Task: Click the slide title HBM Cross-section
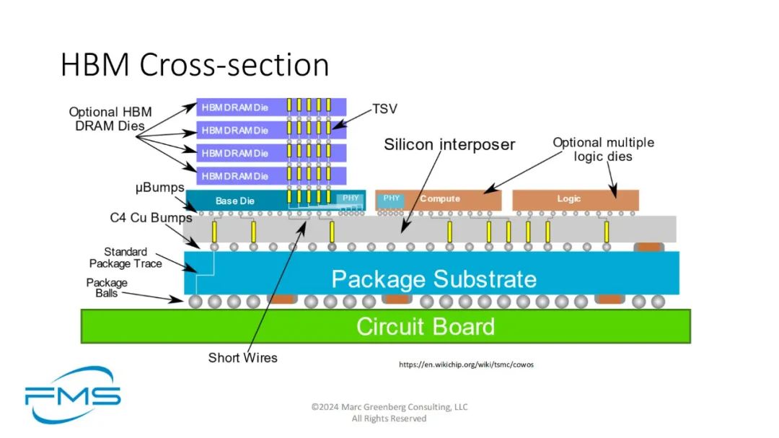[195, 65]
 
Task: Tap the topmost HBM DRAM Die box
[271, 107]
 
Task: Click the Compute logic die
[439, 199]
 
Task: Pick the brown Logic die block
[576, 199]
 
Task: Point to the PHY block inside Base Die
[351, 198]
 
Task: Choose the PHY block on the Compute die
[391, 198]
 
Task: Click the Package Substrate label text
[433, 279]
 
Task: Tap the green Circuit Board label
[426, 327]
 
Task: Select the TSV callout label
[384, 109]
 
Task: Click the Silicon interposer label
[449, 144]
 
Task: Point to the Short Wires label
[242, 357]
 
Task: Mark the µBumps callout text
[159, 188]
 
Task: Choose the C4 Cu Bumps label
[151, 218]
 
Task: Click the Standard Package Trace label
[126, 258]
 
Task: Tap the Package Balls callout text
[107, 288]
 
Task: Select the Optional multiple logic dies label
[603, 149]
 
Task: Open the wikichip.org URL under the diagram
[466, 364]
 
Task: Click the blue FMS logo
[73, 395]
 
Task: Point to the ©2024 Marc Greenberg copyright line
[389, 407]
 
